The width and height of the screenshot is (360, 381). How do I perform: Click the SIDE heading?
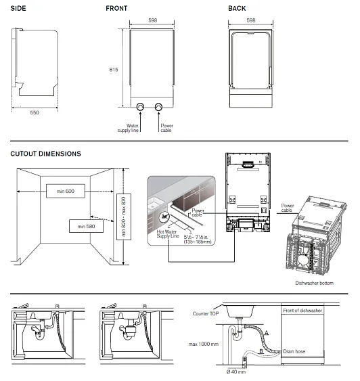tap(18, 8)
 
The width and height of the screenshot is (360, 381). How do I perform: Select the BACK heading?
tap(237, 8)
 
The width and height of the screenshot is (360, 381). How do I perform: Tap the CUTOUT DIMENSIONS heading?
tap(45, 154)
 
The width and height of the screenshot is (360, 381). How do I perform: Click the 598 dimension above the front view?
tap(154, 20)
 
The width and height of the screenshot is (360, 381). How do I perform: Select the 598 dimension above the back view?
tap(251, 20)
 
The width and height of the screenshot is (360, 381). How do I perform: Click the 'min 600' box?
tap(66, 192)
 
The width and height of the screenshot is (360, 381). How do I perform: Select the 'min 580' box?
tap(86, 225)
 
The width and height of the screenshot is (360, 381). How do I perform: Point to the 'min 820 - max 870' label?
tap(124, 216)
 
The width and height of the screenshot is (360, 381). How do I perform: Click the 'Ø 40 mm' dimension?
tap(236, 372)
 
